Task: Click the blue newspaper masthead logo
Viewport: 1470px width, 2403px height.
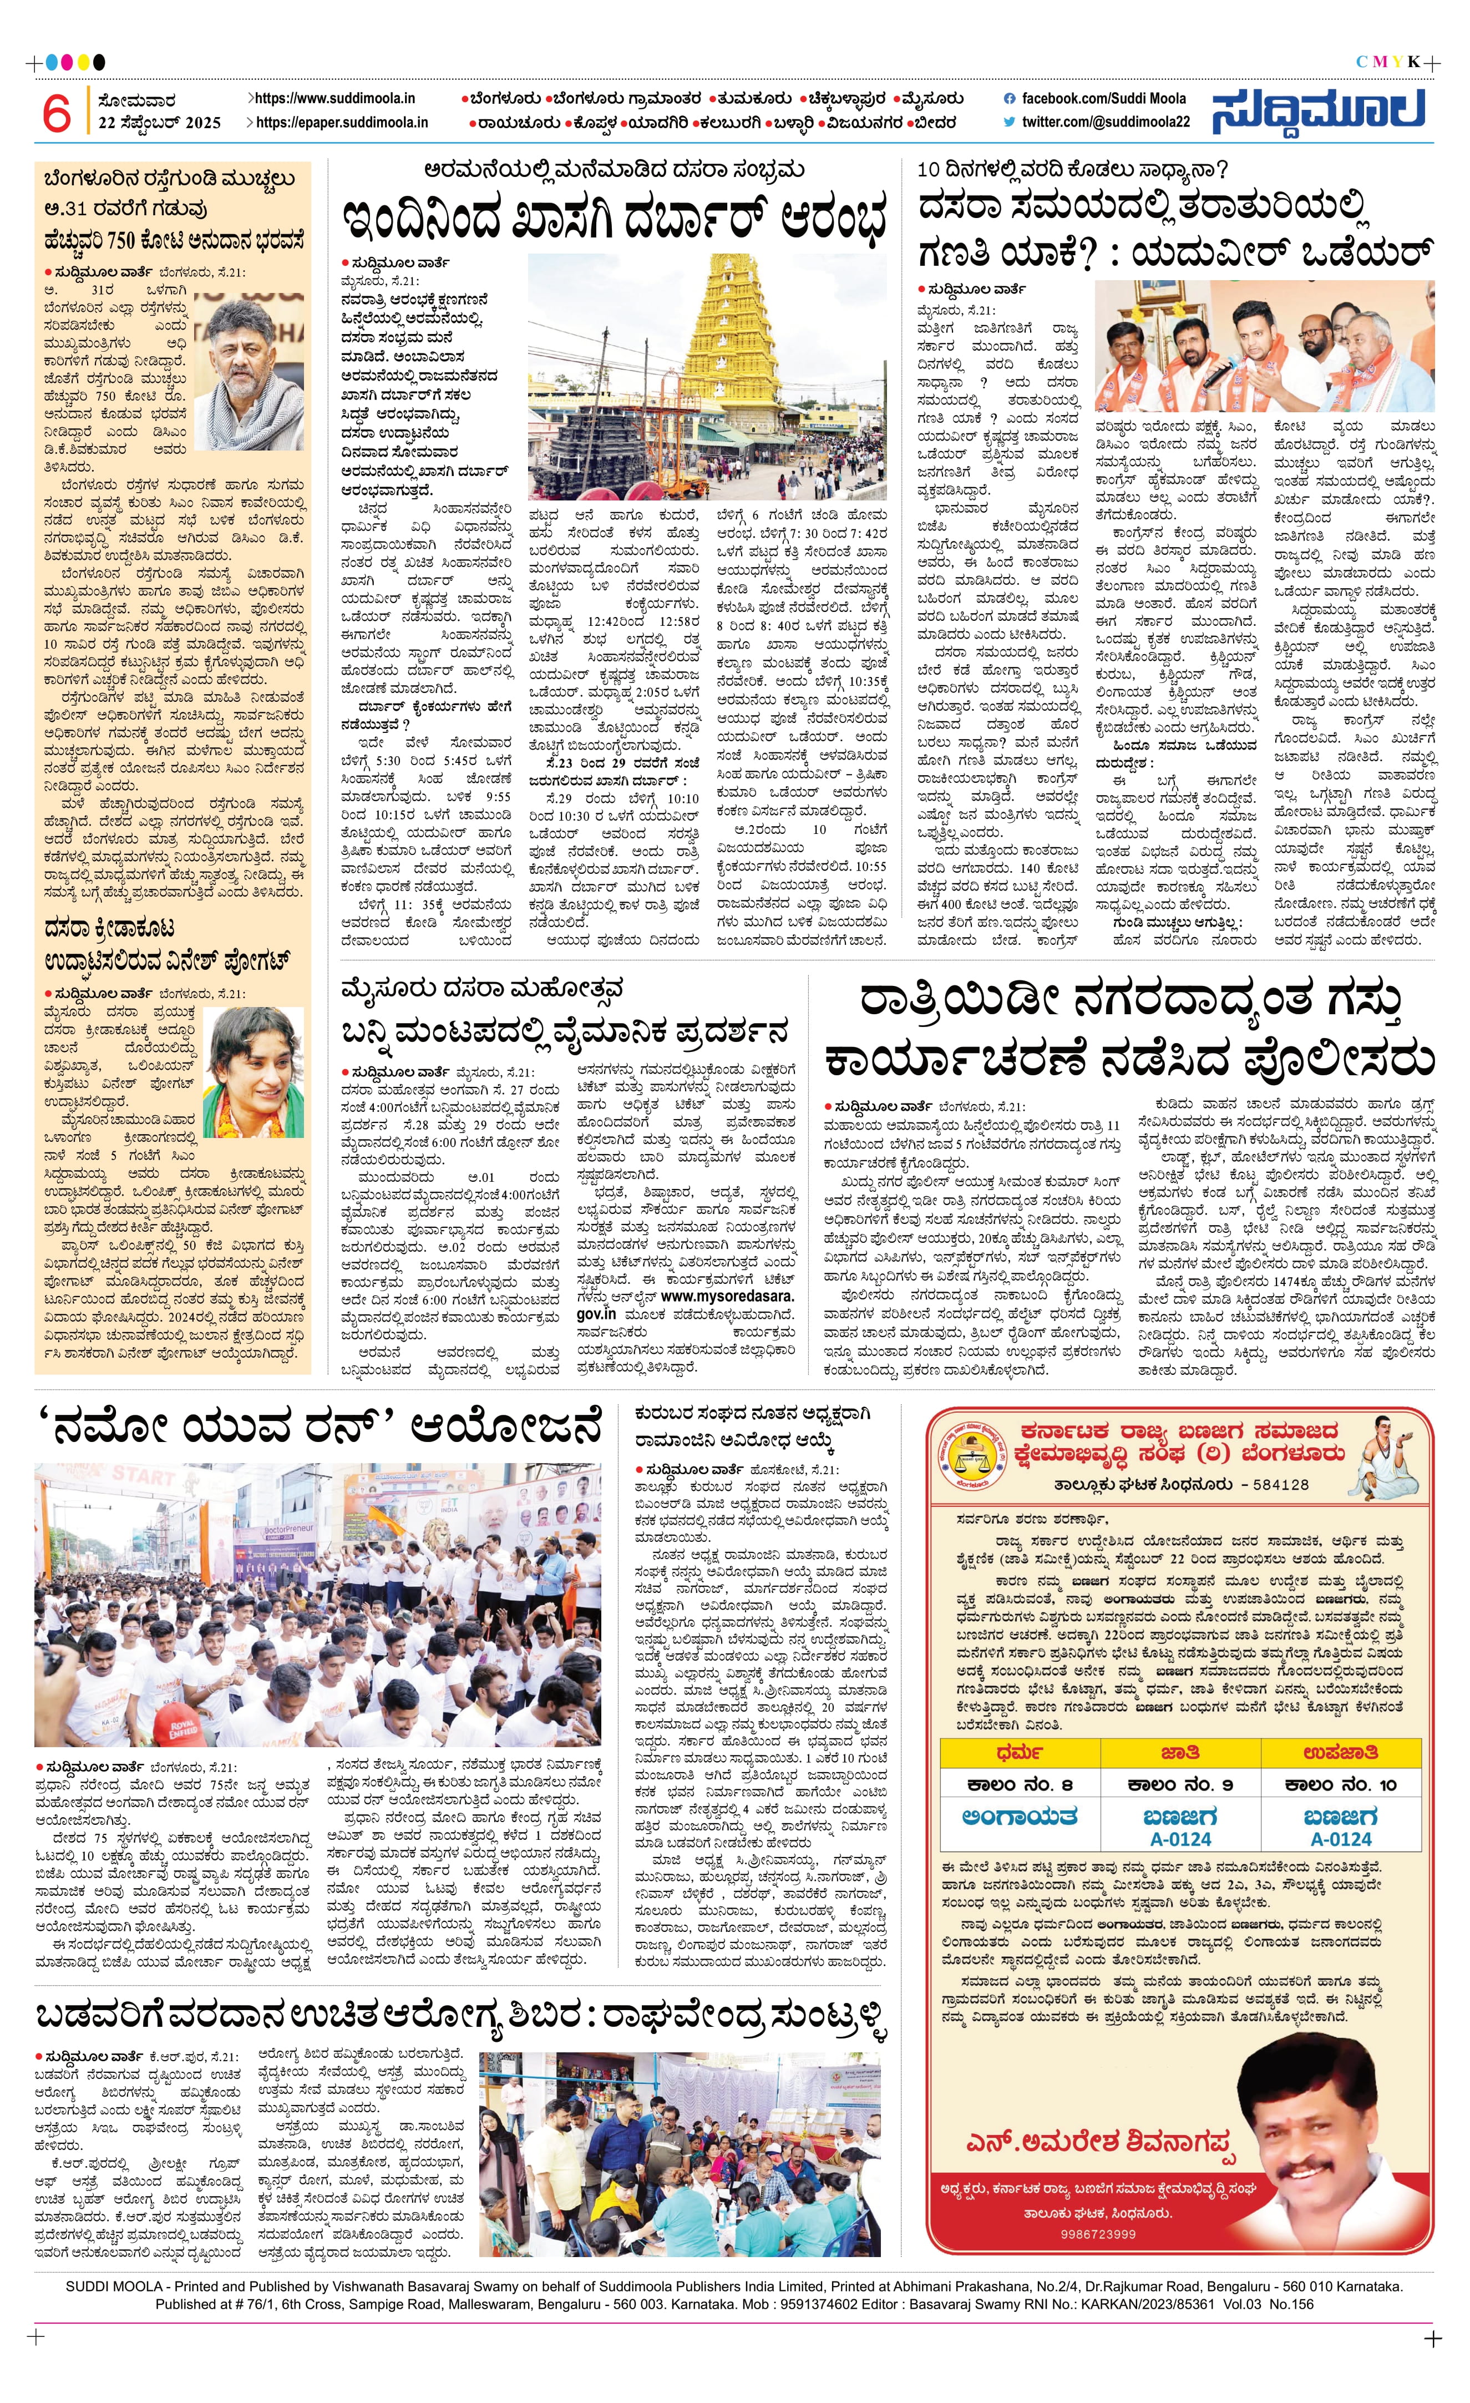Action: coord(1318,110)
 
